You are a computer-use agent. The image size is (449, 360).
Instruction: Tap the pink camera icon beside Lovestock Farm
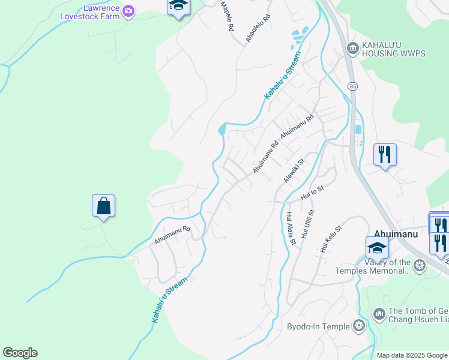click(128, 10)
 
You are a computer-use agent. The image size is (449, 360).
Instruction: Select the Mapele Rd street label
click(226, 16)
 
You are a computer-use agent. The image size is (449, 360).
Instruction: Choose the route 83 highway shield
click(352, 87)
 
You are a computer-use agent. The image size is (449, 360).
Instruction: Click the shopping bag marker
click(104, 206)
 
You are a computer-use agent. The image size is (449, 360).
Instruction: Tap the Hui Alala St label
click(291, 229)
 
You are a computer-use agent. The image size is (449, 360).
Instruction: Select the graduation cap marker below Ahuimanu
click(377, 247)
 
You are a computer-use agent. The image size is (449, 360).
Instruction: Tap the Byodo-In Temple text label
click(318, 326)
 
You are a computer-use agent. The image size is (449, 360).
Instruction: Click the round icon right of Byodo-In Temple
click(359, 326)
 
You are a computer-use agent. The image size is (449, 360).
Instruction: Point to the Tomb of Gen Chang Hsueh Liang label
click(418, 314)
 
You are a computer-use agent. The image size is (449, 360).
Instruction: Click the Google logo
click(20, 353)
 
